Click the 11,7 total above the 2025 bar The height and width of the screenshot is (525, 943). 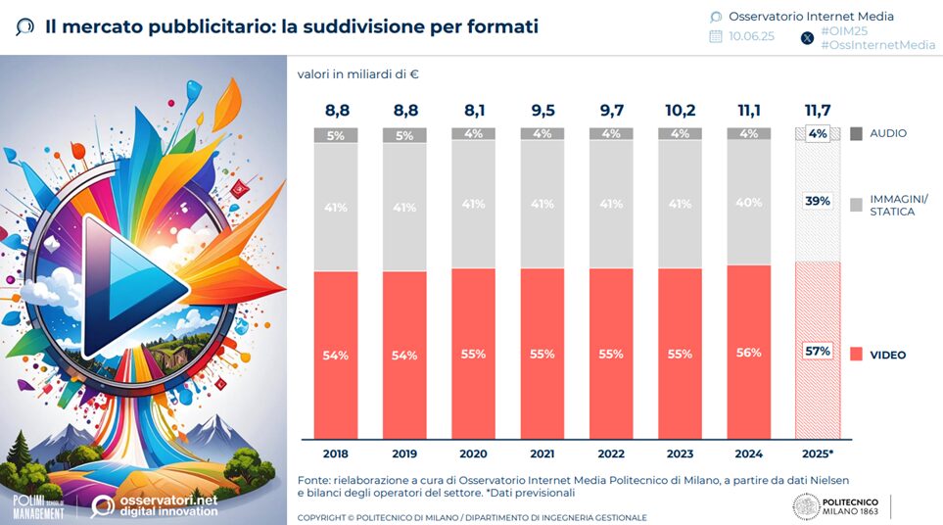tap(818, 110)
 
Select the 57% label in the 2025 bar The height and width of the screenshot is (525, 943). tap(818, 351)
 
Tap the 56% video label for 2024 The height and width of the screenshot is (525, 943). tap(749, 353)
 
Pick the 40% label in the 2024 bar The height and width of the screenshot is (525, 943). tap(749, 203)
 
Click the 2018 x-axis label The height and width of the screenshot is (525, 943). tap(336, 454)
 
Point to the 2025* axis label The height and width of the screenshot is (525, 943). tap(818, 454)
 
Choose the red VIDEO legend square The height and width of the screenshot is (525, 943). tap(857, 355)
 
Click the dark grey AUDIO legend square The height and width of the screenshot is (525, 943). tap(857, 133)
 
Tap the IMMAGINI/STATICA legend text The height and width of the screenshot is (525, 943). tap(899, 205)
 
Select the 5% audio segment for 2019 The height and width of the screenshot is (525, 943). tap(404, 135)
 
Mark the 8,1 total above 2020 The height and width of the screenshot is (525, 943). tap(474, 110)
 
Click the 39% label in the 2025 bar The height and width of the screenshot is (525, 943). tap(818, 201)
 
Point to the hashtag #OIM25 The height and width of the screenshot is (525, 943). tap(844, 31)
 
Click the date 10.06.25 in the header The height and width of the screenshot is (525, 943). tap(751, 36)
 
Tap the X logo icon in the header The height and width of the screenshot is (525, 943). tap(807, 38)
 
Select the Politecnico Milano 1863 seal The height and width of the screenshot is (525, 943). tap(806, 506)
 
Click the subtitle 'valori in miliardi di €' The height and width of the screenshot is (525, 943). tap(357, 74)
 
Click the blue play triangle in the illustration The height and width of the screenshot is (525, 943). tap(133, 287)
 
